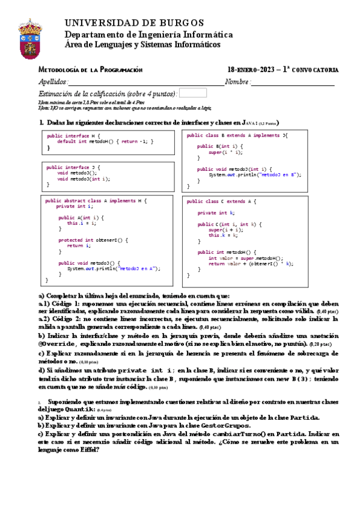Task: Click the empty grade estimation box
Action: click(193, 93)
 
